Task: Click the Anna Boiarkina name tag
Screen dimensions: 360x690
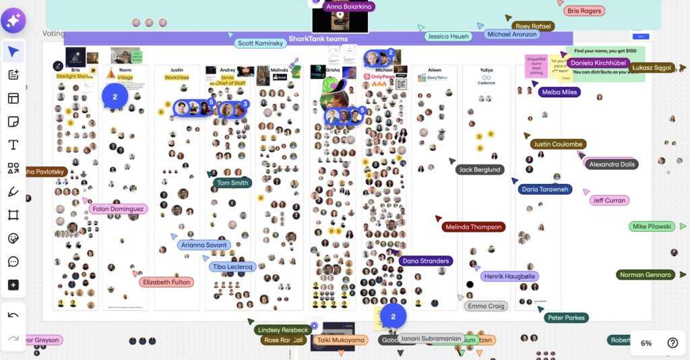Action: (x=349, y=7)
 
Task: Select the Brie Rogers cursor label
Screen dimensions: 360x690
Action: (x=584, y=11)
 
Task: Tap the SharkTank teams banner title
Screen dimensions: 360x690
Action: (x=318, y=39)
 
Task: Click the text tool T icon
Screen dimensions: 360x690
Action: (x=13, y=145)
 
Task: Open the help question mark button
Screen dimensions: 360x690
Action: (x=672, y=342)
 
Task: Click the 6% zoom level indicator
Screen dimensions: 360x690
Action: (x=646, y=343)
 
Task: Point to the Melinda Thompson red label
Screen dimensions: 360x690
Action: (x=474, y=227)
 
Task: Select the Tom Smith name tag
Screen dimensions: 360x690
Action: (x=232, y=183)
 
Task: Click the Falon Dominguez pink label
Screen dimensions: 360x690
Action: (x=118, y=209)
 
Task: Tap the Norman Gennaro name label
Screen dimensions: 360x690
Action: (x=646, y=274)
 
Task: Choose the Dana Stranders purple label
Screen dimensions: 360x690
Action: (x=425, y=261)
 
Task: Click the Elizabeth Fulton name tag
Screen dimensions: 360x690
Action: (x=166, y=282)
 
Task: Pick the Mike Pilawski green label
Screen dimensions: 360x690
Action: (x=652, y=227)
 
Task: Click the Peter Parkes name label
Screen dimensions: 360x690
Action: (x=566, y=318)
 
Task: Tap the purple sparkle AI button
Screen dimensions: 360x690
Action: (x=13, y=21)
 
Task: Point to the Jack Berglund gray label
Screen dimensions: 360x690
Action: (x=480, y=170)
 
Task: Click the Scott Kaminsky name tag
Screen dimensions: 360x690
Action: (x=260, y=43)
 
